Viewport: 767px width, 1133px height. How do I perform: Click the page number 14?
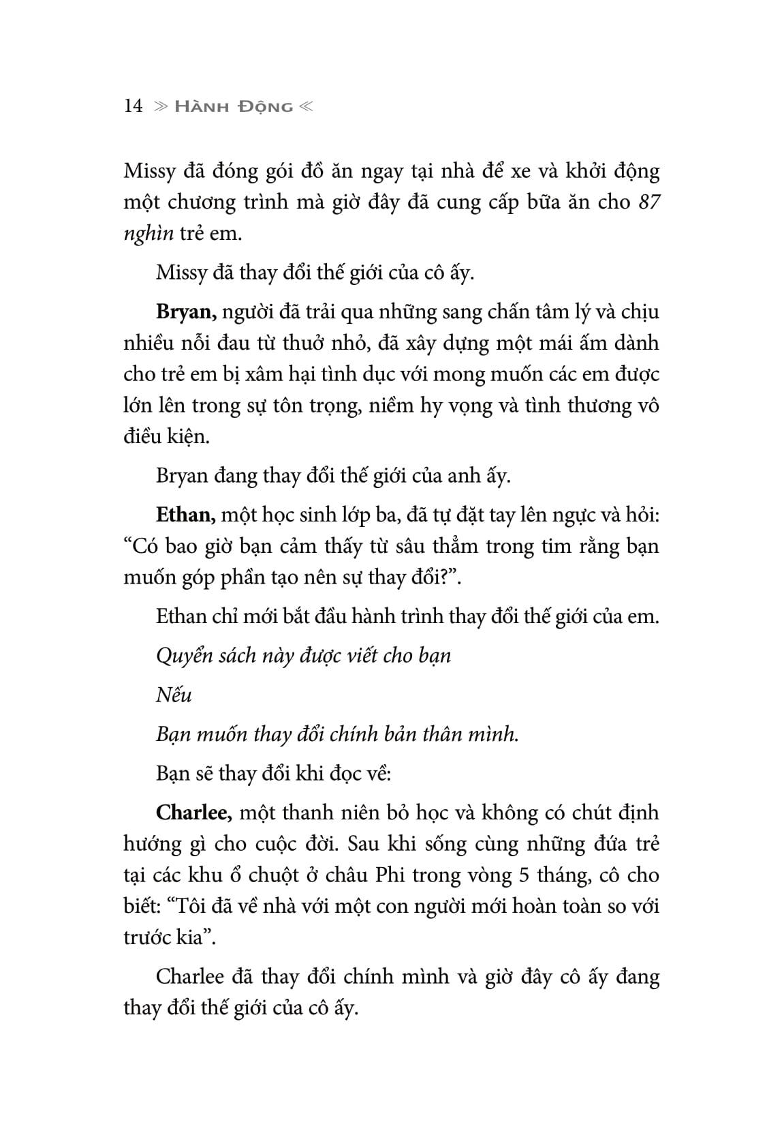click(x=133, y=106)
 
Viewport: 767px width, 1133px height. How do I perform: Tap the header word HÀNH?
click(x=200, y=107)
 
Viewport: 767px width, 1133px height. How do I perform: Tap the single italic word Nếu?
click(x=174, y=695)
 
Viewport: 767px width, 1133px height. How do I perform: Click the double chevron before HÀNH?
click(x=160, y=107)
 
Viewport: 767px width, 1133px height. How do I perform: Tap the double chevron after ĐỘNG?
click(x=305, y=107)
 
